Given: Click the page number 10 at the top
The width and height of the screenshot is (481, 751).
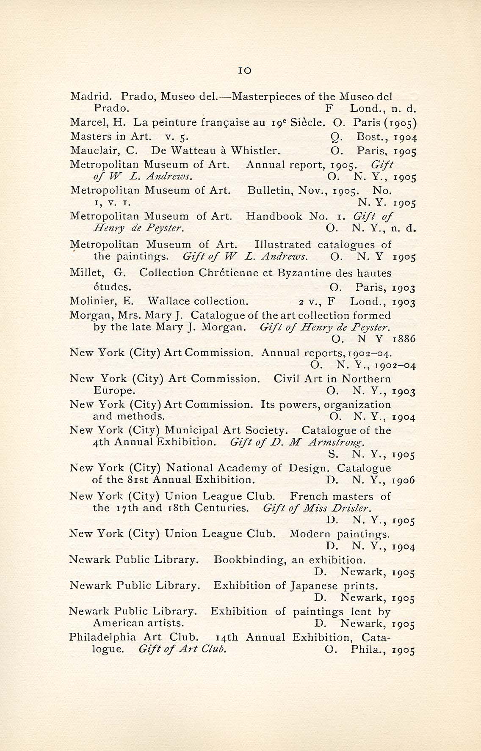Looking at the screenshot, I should point(245,71).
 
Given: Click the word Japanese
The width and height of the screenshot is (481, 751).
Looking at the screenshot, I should point(314,586).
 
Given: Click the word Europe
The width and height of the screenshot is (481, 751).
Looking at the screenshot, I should point(114,391).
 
